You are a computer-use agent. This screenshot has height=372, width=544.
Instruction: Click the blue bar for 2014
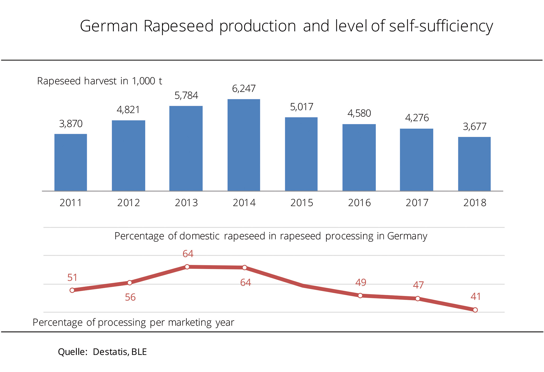tap(244, 145)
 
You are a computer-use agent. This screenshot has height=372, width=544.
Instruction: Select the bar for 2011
tap(71, 162)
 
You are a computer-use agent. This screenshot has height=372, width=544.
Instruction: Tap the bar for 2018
tap(474, 164)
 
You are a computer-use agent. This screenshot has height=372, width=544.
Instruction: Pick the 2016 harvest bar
tap(359, 158)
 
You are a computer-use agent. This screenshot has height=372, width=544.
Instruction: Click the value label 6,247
tap(244, 89)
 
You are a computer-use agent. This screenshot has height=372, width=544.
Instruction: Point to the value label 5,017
tap(301, 107)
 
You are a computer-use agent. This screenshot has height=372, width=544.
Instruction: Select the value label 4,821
tap(128, 110)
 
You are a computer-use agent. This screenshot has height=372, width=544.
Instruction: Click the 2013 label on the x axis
tap(186, 203)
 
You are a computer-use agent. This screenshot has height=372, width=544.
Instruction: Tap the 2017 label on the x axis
tap(417, 203)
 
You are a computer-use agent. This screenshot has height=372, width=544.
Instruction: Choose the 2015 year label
tap(302, 203)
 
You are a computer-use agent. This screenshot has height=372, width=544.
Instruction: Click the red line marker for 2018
tap(475, 310)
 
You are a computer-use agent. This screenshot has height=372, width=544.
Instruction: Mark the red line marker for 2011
tap(72, 290)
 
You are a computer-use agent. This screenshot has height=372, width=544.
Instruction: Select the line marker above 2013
tap(187, 267)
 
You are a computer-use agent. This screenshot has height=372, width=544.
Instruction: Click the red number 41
tap(475, 297)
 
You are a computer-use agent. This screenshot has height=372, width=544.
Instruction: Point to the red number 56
tap(130, 297)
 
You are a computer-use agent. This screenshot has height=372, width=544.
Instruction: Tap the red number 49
tap(361, 282)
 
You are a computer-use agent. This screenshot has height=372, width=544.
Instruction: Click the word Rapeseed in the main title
tap(178, 26)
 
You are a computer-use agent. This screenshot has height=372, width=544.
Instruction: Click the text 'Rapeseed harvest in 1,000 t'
tap(99, 81)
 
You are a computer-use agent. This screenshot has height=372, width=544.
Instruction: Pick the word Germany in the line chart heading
tap(407, 236)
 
